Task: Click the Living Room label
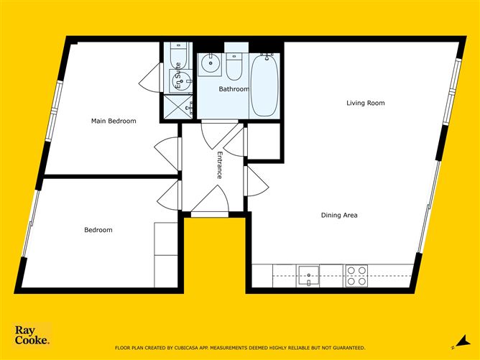pyautogui.click(x=366, y=103)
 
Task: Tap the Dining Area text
pyautogui.click(x=339, y=215)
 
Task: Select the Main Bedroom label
pyautogui.click(x=113, y=121)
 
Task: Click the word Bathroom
pyautogui.click(x=234, y=90)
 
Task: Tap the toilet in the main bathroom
pyautogui.click(x=234, y=66)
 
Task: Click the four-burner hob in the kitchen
pyautogui.click(x=356, y=276)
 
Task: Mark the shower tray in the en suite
pyautogui.click(x=177, y=107)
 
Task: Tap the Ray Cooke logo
pyautogui.click(x=32, y=336)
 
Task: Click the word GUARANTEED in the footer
pyautogui.click(x=345, y=348)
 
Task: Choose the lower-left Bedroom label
pyautogui.click(x=98, y=230)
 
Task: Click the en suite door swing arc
pyautogui.click(x=149, y=78)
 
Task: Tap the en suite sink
pyautogui.click(x=179, y=80)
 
